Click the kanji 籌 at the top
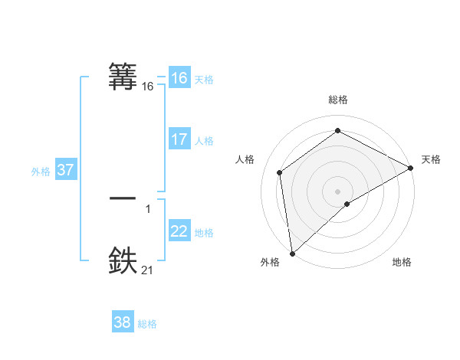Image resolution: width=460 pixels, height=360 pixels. pyautogui.click(x=123, y=76)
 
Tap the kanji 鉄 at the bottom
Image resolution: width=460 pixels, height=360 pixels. pyautogui.click(x=123, y=260)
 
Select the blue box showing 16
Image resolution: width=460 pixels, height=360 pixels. pyautogui.click(x=179, y=78)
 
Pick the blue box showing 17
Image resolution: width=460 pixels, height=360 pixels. pyautogui.click(x=179, y=139)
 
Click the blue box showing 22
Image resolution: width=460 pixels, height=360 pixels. pyautogui.click(x=179, y=231)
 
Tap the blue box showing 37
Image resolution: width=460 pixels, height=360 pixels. pyautogui.click(x=65, y=170)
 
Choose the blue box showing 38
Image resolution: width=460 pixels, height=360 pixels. pyautogui.click(x=122, y=322)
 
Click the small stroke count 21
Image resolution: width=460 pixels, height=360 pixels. pyautogui.click(x=147, y=270)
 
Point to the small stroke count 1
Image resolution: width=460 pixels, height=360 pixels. pyautogui.click(x=147, y=208)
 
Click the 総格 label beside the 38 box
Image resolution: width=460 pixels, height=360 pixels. pyautogui.click(x=147, y=324)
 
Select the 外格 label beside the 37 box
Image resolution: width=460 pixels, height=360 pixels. pyautogui.click(x=41, y=172)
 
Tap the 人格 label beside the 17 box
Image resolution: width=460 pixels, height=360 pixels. pyautogui.click(x=204, y=141)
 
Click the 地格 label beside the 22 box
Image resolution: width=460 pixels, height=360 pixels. pyautogui.click(x=204, y=233)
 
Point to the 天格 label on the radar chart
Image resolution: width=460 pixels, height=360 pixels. pyautogui.click(x=431, y=159)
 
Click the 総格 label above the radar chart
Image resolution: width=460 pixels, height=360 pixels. pyautogui.click(x=337, y=100)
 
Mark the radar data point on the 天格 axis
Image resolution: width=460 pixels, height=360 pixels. pyautogui.click(x=411, y=168)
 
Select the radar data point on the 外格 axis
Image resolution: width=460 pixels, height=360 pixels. pyautogui.click(x=292, y=253)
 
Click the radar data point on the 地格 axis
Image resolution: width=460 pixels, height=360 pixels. pyautogui.click(x=347, y=204)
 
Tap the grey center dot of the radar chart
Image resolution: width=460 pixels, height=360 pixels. pyautogui.click(x=337, y=191)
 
